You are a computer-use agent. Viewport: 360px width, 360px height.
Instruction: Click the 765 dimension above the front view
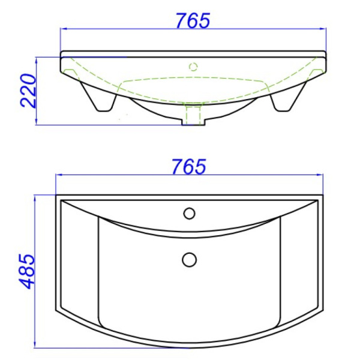(x=193, y=20)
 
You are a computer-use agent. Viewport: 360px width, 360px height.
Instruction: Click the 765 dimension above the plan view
(x=189, y=166)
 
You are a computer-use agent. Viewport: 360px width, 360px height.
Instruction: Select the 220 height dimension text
(x=28, y=91)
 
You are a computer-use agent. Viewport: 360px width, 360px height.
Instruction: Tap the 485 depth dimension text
(x=26, y=271)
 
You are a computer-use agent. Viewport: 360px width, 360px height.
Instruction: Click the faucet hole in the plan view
(x=189, y=213)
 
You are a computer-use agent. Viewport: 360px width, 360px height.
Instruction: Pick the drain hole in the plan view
(x=189, y=260)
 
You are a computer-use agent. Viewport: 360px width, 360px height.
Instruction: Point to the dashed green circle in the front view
(x=193, y=67)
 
